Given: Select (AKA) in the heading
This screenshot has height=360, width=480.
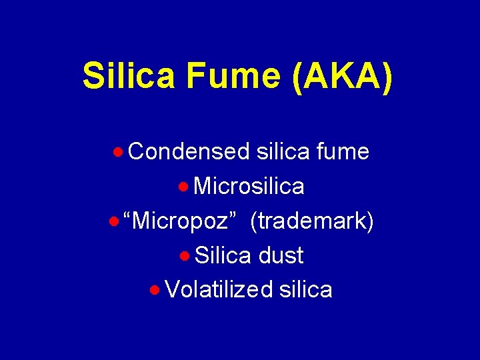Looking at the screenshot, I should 342,76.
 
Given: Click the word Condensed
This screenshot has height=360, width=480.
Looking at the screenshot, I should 189,152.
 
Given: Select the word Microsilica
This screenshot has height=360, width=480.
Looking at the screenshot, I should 249,187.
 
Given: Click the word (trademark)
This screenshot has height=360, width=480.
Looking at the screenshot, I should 311,221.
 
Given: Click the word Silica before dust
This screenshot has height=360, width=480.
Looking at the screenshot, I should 223,256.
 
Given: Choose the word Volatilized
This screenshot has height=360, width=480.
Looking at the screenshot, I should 219,290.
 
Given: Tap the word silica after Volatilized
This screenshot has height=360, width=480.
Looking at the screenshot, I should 306,290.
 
